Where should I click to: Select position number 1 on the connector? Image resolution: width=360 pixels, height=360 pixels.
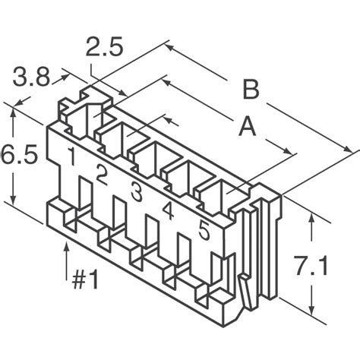tap(71, 158)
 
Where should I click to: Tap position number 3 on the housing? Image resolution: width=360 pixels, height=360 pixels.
tap(136, 193)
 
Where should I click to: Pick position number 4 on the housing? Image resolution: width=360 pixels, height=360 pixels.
tap(168, 211)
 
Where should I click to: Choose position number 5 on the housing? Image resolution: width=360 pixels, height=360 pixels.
tap(204, 229)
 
